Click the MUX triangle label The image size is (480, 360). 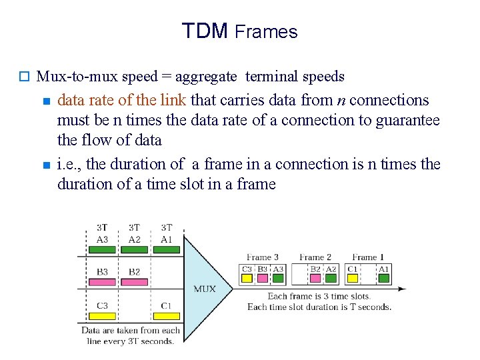tap(204, 289)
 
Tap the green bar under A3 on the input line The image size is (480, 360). tap(102, 249)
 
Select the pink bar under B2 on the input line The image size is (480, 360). tap(134, 281)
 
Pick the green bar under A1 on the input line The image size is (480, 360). tap(166, 249)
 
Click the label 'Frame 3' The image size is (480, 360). tap(262, 257)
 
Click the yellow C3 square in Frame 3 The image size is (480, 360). tap(247, 277)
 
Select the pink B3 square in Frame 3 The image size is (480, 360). tap(263, 277)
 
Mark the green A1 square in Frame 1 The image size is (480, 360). tap(384, 277)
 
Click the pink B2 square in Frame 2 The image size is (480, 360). tap(315, 277)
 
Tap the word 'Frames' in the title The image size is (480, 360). tap(266, 32)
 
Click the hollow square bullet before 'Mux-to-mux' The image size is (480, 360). tap(25, 77)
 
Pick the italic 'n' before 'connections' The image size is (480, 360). tap(341, 101)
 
